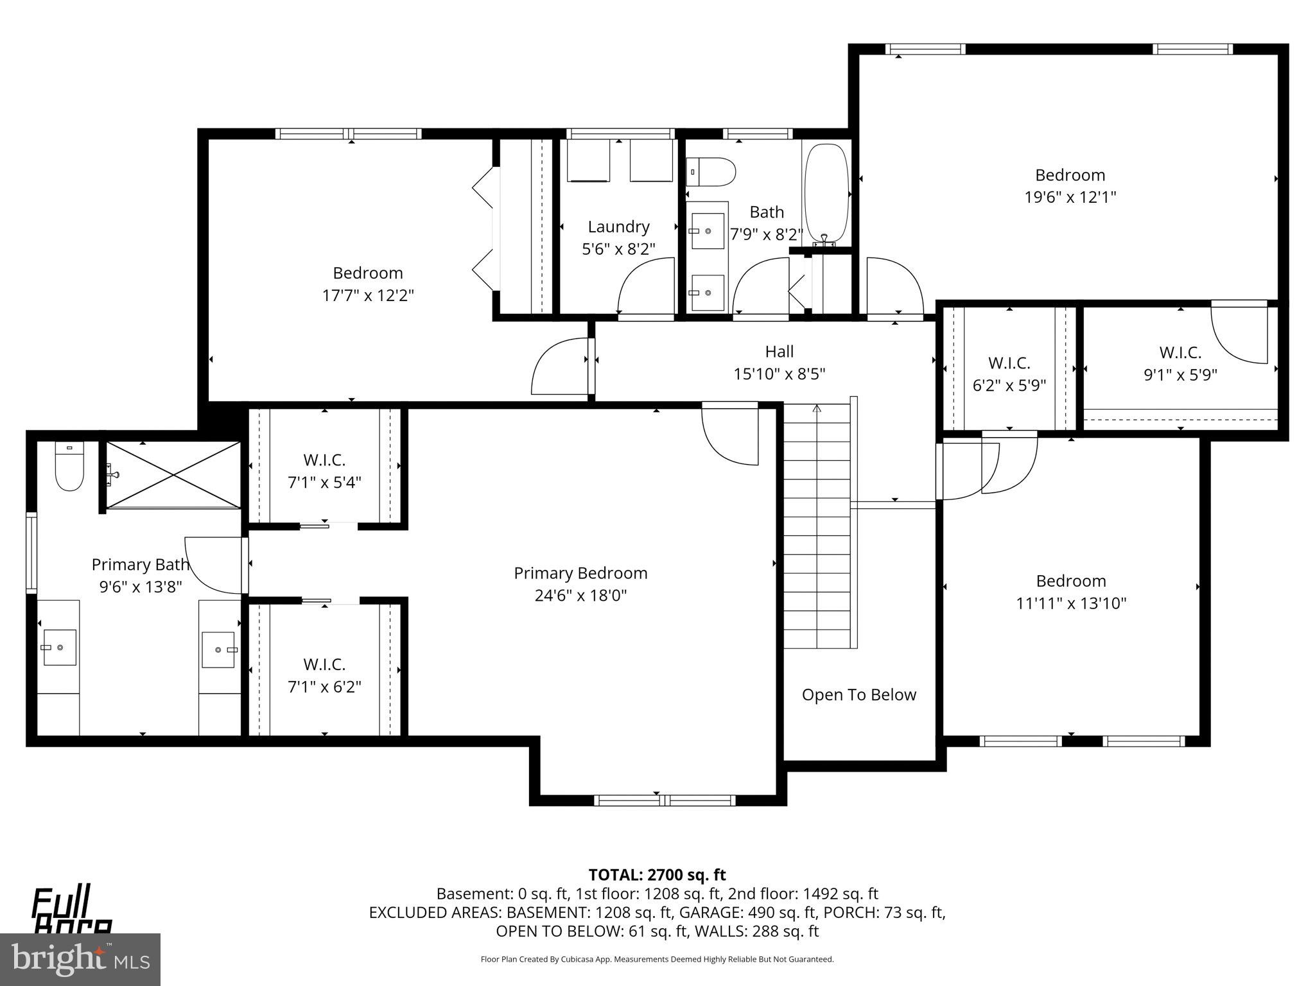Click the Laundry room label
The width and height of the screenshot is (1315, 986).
click(618, 227)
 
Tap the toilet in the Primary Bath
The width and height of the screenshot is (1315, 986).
click(69, 467)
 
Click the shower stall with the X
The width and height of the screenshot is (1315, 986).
click(173, 474)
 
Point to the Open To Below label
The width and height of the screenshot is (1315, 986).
click(858, 695)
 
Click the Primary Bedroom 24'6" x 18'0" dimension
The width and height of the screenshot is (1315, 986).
click(580, 596)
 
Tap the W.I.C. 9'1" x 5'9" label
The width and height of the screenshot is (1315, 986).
click(1180, 363)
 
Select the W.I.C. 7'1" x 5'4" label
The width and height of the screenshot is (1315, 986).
click(324, 471)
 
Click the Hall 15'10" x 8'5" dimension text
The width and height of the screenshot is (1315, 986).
click(779, 374)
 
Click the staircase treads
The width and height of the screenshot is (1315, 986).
click(817, 526)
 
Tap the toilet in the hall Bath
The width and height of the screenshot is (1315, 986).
click(711, 172)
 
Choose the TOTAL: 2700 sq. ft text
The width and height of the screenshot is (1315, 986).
click(657, 875)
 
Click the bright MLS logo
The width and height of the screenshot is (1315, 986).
click(80, 959)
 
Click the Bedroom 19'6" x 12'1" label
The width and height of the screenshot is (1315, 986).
click(1070, 186)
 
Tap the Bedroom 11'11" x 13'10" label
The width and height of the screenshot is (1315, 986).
click(1070, 592)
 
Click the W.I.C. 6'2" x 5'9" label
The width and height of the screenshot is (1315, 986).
click(1009, 374)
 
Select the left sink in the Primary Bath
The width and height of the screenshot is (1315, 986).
click(59, 647)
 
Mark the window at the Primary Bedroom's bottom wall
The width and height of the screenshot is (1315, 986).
click(664, 800)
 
